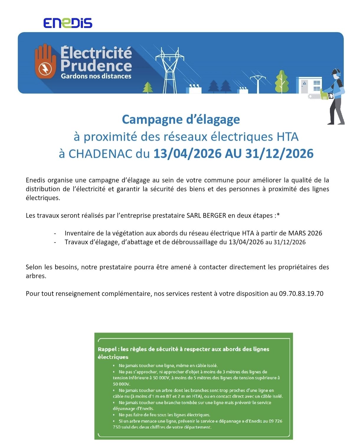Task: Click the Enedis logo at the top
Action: pyautogui.click(x=68, y=23)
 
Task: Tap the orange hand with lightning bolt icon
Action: pyautogui.click(x=45, y=62)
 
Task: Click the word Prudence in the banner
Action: pyautogui.click(x=96, y=65)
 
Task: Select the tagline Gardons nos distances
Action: pyautogui.click(x=96, y=76)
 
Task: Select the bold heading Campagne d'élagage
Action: pyautogui.click(x=181, y=119)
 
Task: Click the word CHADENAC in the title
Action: pyautogui.click(x=100, y=154)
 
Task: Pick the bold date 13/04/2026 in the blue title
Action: pyautogui.click(x=187, y=154)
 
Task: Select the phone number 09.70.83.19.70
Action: pyautogui.click(x=301, y=294)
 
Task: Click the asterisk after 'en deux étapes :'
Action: pyautogui.click(x=278, y=215)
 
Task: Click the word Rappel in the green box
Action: pyautogui.click(x=107, y=349)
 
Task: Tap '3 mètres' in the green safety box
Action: pyautogui.click(x=239, y=372)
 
